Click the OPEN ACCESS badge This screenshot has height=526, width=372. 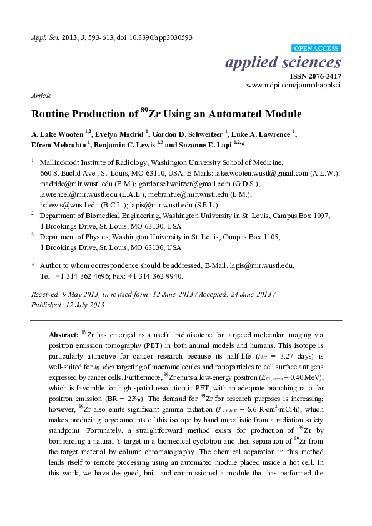(x=316, y=48)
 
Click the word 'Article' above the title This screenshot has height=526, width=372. (x=41, y=97)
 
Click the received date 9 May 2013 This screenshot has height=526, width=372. (x=77, y=294)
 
